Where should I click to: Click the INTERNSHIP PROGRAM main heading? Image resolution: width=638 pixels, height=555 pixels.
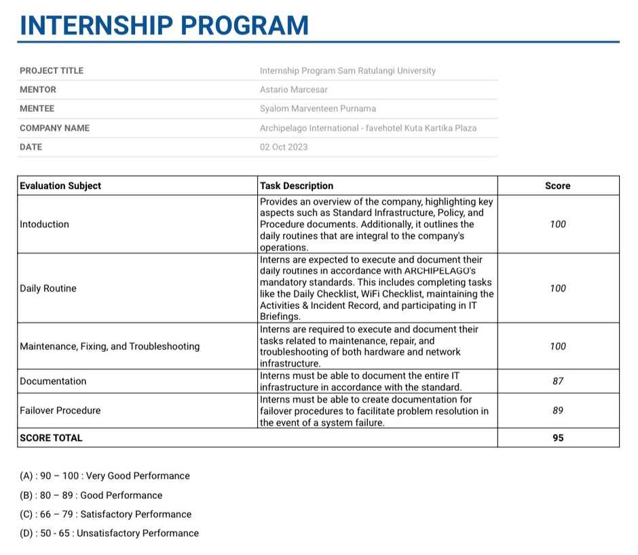click(164, 26)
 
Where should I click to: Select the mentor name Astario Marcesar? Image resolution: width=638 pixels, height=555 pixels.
click(293, 89)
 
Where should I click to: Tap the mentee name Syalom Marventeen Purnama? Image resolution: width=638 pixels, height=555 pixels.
click(318, 108)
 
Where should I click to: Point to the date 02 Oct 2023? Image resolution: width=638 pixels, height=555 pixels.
click(284, 147)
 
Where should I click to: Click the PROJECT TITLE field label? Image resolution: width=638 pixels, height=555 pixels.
click(52, 70)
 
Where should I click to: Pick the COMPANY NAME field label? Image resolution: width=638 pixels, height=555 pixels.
click(54, 128)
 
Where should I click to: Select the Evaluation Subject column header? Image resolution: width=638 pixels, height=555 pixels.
click(60, 186)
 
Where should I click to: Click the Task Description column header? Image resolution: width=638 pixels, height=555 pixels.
click(297, 186)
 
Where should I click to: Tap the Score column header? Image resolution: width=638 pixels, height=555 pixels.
click(558, 186)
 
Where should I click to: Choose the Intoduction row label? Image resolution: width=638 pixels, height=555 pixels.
click(44, 224)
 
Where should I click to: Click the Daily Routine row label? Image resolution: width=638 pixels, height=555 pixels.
click(48, 289)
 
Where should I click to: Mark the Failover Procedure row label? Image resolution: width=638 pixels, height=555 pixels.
click(60, 411)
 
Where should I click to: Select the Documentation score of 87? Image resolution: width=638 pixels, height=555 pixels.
click(558, 382)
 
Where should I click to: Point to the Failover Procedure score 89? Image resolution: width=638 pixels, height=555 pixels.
click(558, 411)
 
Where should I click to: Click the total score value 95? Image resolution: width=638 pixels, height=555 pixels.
click(558, 438)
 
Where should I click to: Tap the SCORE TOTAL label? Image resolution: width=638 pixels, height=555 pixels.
click(51, 438)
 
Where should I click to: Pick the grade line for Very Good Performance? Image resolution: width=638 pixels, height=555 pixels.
click(105, 476)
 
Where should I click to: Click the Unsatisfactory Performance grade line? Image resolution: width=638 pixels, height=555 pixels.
click(109, 533)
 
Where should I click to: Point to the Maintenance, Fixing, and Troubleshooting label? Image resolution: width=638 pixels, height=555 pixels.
click(110, 346)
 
